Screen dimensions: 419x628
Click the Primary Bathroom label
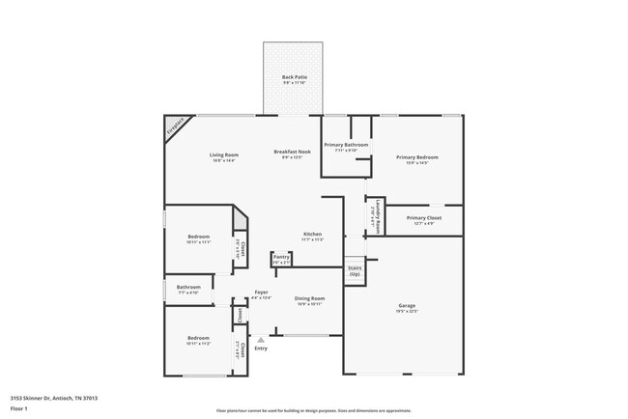point(346,146)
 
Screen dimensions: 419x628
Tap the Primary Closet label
point(423,218)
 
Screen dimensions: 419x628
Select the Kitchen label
point(312,235)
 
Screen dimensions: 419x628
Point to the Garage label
point(407,307)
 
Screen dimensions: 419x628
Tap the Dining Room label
point(309,299)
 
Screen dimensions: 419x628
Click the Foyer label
point(261,293)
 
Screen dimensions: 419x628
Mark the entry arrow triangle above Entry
point(260,339)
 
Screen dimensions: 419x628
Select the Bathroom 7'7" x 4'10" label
point(188,288)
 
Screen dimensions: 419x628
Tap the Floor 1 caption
point(19,408)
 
